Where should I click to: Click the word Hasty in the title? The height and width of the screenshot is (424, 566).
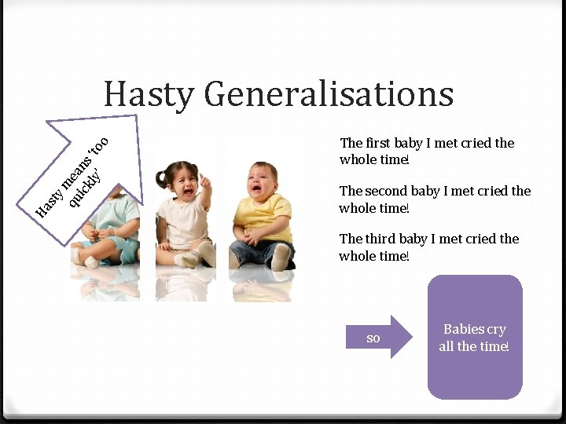point(149,94)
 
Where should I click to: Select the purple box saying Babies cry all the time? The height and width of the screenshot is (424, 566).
point(475,338)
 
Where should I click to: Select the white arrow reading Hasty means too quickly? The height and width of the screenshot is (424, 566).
point(86,169)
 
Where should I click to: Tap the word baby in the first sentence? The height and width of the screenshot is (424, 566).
point(408,143)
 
